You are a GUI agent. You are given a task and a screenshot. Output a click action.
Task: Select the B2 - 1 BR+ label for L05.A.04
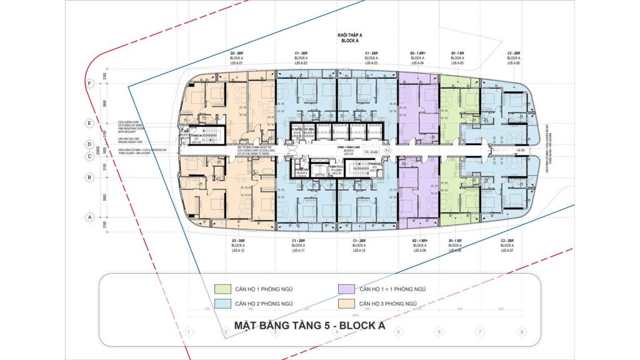[417, 54]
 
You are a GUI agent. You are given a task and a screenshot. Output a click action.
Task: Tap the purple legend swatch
[343, 289]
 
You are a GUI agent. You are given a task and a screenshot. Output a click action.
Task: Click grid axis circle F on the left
[91, 82]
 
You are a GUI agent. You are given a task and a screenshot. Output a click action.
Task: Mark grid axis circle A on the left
[91, 217]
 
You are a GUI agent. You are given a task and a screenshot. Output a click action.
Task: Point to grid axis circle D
[91, 144]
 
